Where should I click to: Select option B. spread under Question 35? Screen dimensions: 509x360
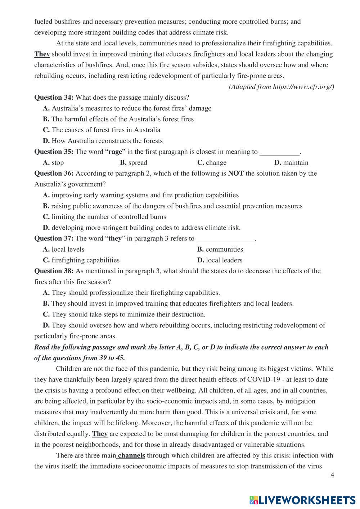point(134,163)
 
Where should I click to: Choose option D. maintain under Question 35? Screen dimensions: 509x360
point(291,163)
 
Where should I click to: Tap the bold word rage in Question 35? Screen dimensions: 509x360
point(115,152)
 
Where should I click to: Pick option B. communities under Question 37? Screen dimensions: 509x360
point(220,249)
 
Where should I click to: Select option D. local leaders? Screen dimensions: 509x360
point(220,260)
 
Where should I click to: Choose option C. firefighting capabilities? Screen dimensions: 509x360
point(81,260)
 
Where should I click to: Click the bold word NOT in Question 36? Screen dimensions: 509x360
point(236,174)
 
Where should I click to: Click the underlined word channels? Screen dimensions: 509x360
point(131,456)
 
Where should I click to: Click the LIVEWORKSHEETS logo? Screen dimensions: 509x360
point(302,500)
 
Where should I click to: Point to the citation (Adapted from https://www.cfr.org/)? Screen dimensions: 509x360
point(282,87)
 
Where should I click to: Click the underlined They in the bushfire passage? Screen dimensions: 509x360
point(42,54)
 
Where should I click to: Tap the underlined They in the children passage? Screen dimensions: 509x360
point(100,434)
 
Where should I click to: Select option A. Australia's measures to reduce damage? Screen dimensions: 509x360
point(127,108)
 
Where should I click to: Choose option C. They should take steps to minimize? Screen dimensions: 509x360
point(124,315)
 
